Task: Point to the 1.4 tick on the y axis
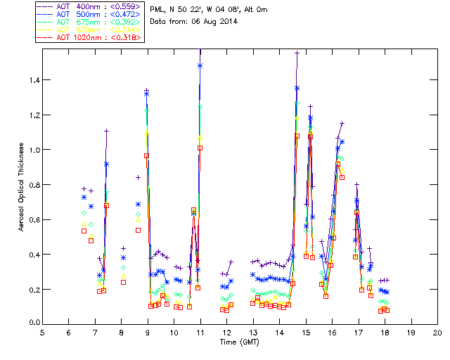(34, 80)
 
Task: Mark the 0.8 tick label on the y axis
(34, 185)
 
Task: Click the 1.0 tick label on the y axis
(34, 150)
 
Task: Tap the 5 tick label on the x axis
(42, 332)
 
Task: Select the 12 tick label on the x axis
(226, 332)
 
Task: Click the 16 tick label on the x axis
(332, 332)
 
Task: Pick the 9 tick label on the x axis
(148, 332)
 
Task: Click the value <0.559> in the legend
(124, 6)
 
